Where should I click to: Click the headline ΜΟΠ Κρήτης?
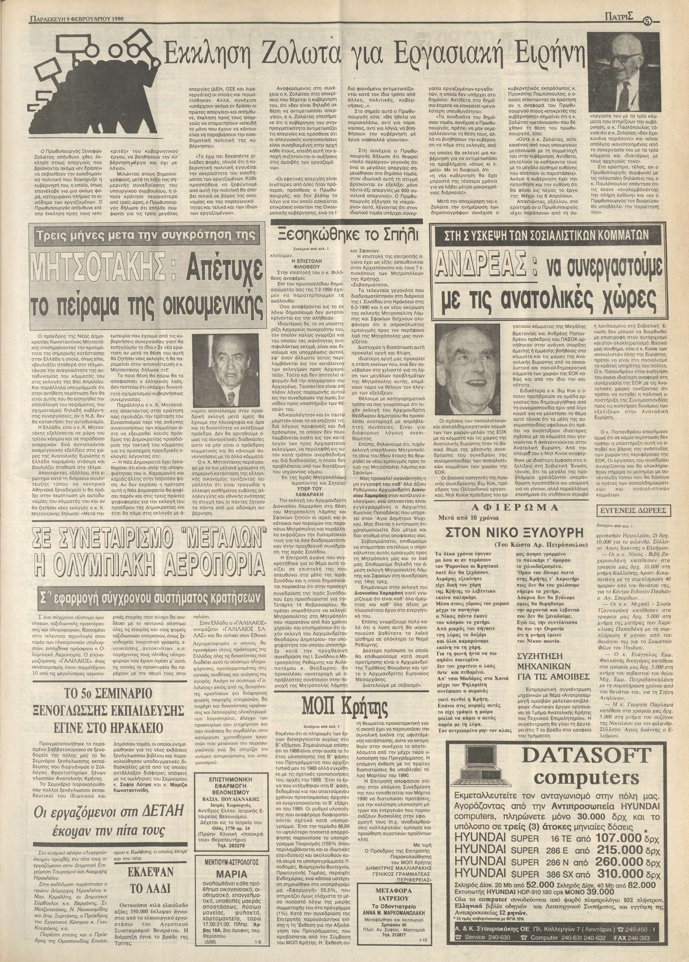click(x=344, y=707)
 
